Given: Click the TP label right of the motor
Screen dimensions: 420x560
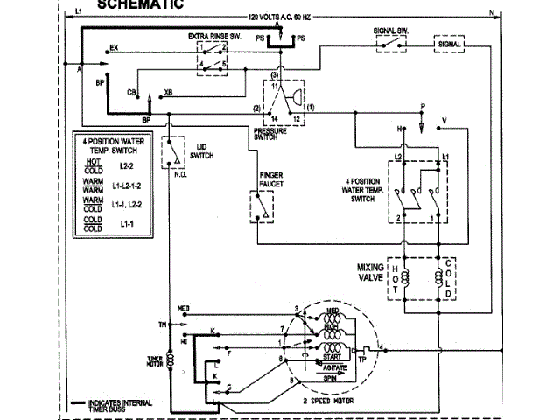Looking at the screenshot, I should pos(361,357).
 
